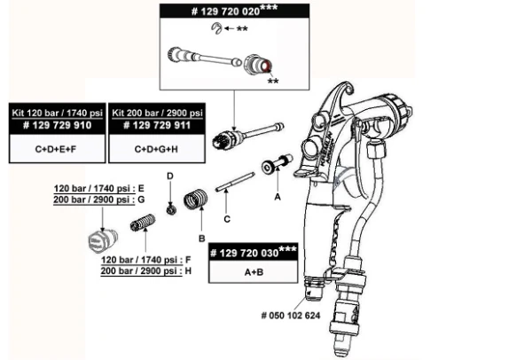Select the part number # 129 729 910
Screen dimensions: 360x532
pyautogui.click(x=54, y=127)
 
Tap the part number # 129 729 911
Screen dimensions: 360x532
pyautogui.click(x=156, y=127)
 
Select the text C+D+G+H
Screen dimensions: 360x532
pyautogui.click(x=156, y=150)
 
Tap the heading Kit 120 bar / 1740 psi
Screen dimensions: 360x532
pyautogui.click(x=54, y=114)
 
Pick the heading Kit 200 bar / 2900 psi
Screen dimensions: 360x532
pyautogui.click(x=156, y=114)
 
